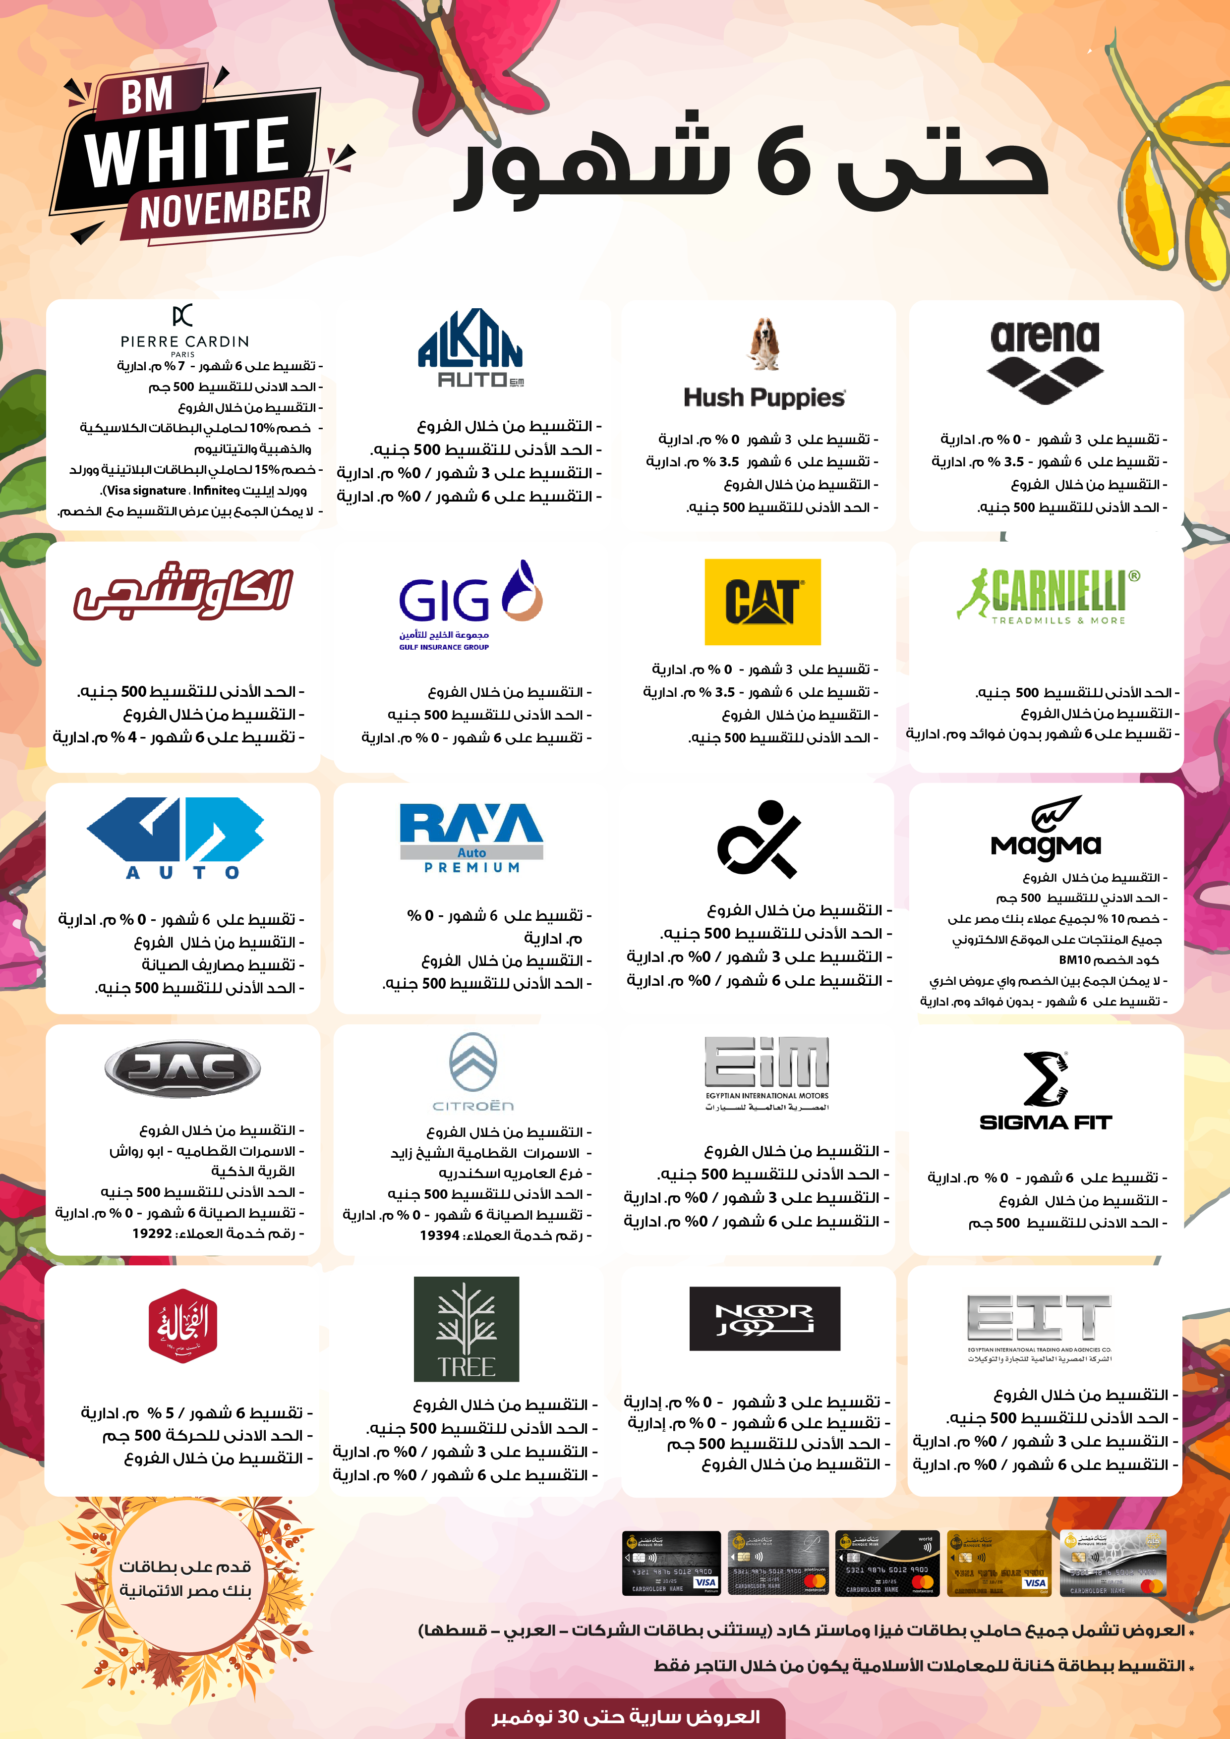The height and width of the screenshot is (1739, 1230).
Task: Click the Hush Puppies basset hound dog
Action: click(x=764, y=344)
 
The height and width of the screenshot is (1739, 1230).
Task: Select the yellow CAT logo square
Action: click(x=762, y=602)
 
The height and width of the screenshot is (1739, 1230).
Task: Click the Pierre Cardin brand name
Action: click(x=184, y=341)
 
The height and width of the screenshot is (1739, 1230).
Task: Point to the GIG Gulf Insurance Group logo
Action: click(x=470, y=605)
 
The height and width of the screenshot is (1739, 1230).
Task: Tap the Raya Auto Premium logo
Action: click(x=471, y=838)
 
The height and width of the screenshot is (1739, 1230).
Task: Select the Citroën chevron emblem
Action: click(x=473, y=1062)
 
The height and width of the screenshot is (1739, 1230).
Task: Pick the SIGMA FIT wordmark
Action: click(x=1046, y=1122)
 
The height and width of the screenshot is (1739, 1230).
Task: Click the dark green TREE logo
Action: click(x=466, y=1329)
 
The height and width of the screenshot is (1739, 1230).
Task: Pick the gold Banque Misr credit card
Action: click(x=999, y=1563)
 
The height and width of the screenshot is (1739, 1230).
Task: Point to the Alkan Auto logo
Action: click(x=470, y=348)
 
